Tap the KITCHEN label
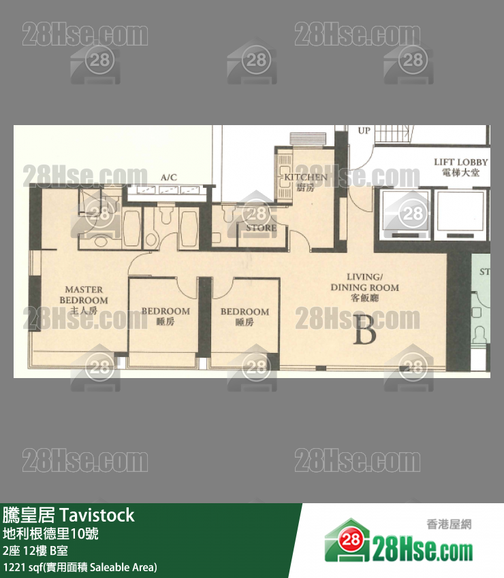coord(306,182)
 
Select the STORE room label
coord(262,228)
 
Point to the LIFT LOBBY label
coord(461,167)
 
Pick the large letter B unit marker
coord(366,332)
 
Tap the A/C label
coord(168,177)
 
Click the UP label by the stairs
coord(364,130)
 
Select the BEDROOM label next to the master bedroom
coord(166,316)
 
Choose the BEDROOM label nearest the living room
coord(245,316)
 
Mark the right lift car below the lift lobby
coord(460,214)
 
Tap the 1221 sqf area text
coord(80,566)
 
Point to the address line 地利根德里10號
coord(51,534)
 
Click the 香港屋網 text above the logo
coord(449,524)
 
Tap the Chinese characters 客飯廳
coord(364,298)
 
